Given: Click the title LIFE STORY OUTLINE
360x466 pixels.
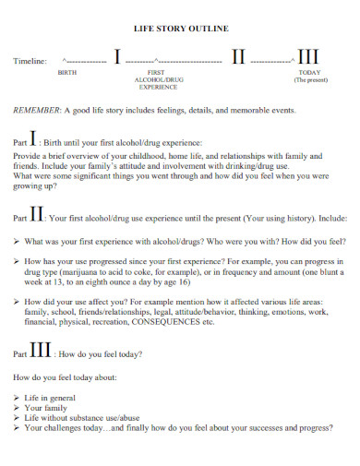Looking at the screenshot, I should coord(180,30).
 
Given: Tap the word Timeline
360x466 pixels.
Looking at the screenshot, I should coord(29,62).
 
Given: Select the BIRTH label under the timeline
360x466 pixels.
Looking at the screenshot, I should coord(67,72).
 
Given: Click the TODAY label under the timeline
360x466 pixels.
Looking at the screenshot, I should coord(311,72).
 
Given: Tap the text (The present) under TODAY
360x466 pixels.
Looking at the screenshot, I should coord(311,80).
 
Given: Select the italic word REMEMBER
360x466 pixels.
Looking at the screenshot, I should coord(36,110).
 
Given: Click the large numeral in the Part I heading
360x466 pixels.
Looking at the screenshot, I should coord(34,140).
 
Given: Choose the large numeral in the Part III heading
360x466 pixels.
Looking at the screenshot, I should coord(40,351).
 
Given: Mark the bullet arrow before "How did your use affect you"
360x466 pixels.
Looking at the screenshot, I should coord(17,302).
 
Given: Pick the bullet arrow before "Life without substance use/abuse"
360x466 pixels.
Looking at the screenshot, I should coord(17,418).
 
